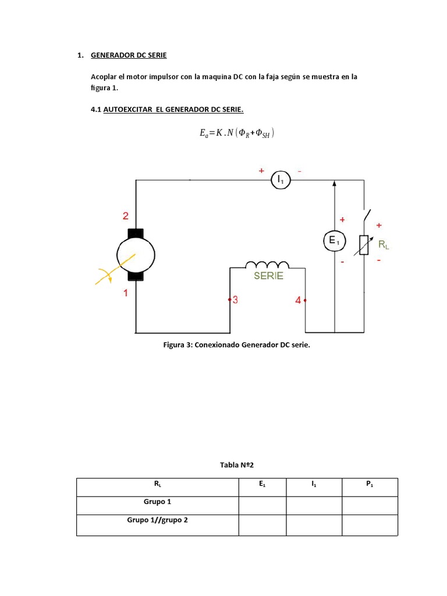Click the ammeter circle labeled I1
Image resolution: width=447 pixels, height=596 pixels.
281,180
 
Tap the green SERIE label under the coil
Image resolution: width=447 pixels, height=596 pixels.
268,276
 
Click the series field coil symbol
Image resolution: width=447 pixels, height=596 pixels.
268,264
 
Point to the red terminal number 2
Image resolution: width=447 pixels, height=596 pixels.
125,216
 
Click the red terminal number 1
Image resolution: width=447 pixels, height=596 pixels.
125,294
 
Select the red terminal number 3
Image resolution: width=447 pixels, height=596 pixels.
235,300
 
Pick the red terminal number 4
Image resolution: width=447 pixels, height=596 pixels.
298,300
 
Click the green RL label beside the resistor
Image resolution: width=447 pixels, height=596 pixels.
384,245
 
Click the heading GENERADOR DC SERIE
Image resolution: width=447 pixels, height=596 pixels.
129,55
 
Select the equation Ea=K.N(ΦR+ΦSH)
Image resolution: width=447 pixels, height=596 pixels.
236,133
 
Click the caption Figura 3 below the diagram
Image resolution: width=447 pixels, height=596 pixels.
237,345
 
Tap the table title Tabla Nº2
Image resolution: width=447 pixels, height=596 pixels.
237,465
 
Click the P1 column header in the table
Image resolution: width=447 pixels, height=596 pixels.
370,483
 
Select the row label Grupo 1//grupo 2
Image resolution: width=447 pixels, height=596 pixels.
158,520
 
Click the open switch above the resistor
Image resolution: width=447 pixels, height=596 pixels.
367,215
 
